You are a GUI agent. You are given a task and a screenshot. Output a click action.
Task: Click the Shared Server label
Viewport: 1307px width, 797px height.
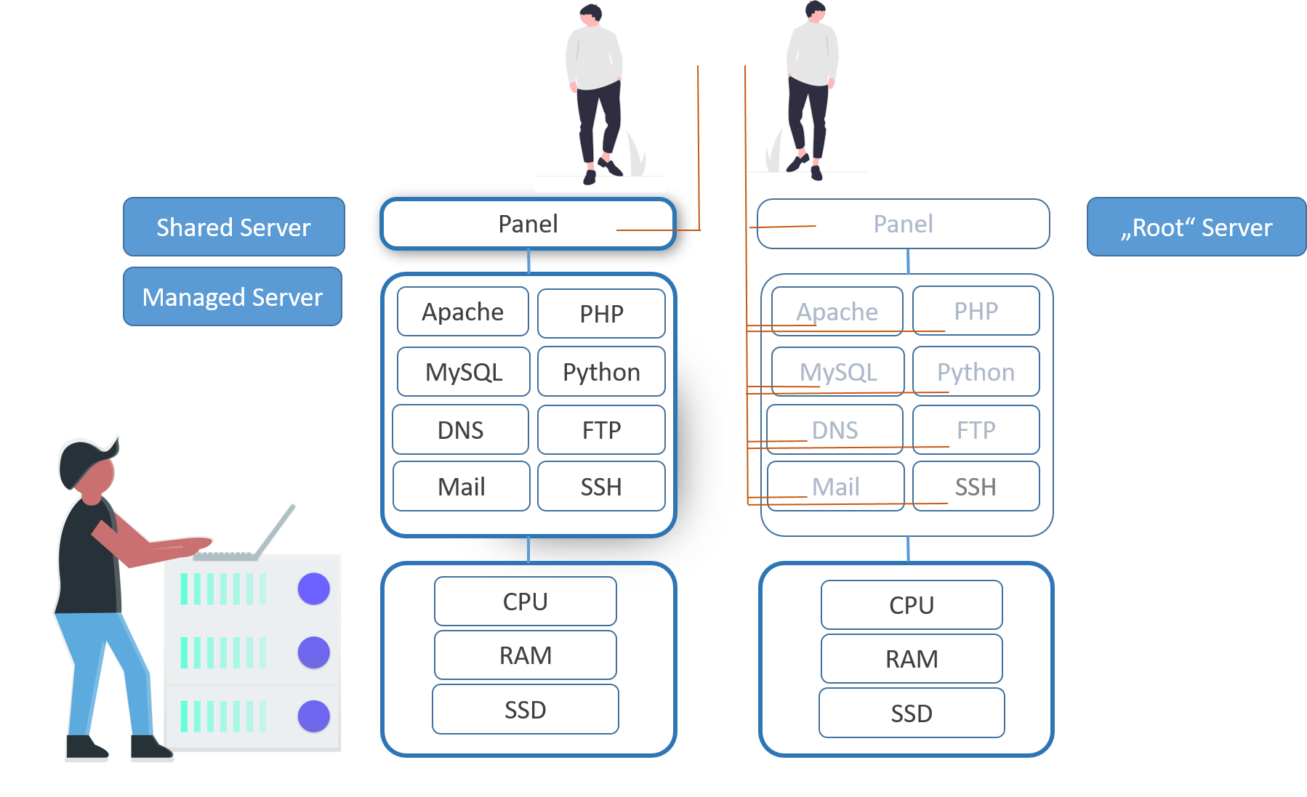[233, 227]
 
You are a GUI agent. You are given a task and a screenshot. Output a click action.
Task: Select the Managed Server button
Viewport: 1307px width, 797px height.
[232, 296]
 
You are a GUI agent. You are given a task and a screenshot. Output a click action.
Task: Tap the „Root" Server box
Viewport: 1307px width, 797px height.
[1196, 227]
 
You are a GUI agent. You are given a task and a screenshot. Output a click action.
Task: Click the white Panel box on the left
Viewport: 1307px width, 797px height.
[528, 224]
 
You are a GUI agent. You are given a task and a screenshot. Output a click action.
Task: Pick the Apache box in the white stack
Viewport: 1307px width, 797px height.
[462, 312]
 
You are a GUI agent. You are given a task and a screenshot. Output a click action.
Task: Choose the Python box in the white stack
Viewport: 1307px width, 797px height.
[601, 371]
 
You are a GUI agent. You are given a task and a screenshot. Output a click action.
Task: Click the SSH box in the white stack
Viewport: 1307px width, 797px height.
[601, 486]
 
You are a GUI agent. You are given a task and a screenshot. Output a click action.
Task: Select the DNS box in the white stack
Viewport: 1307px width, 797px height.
[460, 429]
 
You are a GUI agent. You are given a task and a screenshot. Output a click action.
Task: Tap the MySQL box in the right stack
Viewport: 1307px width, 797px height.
[837, 371]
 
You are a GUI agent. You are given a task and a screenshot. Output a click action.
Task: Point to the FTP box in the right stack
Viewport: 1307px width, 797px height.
[976, 429]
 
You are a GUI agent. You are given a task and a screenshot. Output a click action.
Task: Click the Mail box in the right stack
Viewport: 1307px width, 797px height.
[835, 486]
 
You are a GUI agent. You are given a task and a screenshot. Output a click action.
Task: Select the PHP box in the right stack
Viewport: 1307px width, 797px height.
[976, 311]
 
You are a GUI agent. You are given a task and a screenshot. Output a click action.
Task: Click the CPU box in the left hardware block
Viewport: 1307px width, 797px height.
[525, 601]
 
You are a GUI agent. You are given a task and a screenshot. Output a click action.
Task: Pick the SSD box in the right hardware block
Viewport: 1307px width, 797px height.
[912, 713]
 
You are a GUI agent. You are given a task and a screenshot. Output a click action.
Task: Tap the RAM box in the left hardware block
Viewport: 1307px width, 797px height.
[525, 655]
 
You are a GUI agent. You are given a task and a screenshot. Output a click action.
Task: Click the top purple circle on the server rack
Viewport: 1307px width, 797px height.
[314, 588]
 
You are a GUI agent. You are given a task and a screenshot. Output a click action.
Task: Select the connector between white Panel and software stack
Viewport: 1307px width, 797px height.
[528, 261]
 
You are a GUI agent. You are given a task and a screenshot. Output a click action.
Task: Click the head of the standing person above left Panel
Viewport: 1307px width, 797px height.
[591, 16]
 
